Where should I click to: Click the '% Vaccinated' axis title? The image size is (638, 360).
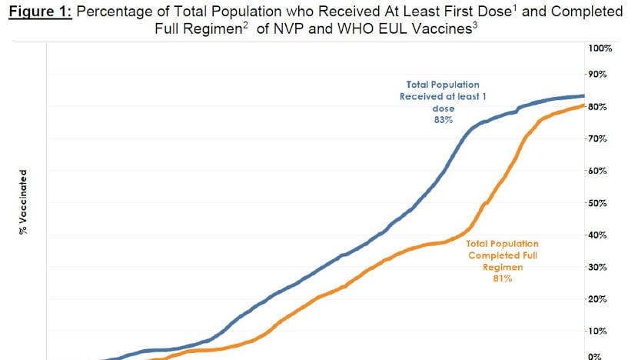(x=24, y=202)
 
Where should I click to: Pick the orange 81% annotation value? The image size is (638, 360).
(x=503, y=278)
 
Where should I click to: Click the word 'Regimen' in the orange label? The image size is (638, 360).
(x=503, y=267)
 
